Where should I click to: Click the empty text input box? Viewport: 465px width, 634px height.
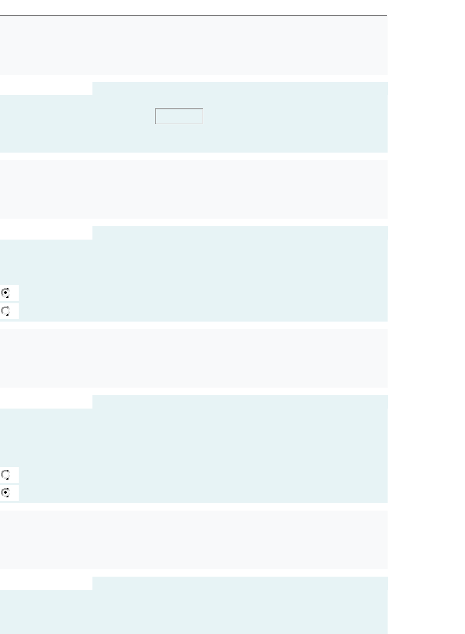click(x=179, y=116)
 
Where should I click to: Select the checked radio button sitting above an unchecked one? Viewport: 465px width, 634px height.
click(x=6, y=292)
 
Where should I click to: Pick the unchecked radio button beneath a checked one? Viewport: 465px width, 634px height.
click(x=6, y=311)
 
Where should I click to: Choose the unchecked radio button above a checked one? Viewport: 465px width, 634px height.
click(x=6, y=475)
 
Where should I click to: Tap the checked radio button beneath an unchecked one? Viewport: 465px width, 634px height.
click(x=6, y=493)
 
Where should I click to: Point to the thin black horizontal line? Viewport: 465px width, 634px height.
click(x=194, y=15)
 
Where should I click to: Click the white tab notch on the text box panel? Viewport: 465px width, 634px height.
click(x=46, y=88)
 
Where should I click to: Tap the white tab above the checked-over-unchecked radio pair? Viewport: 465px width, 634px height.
click(x=46, y=232)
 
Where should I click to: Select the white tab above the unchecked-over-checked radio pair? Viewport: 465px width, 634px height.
click(x=46, y=401)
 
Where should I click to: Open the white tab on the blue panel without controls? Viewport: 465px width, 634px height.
click(x=46, y=583)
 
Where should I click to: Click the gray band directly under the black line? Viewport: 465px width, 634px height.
click(x=194, y=46)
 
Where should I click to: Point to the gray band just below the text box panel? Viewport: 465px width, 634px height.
click(x=194, y=189)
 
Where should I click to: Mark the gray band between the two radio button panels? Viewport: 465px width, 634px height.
click(x=194, y=358)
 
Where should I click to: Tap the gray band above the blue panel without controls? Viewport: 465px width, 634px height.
click(x=194, y=540)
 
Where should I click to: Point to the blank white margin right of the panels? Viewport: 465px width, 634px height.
click(x=426, y=319)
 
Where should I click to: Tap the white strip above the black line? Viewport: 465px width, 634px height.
click(x=194, y=7)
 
